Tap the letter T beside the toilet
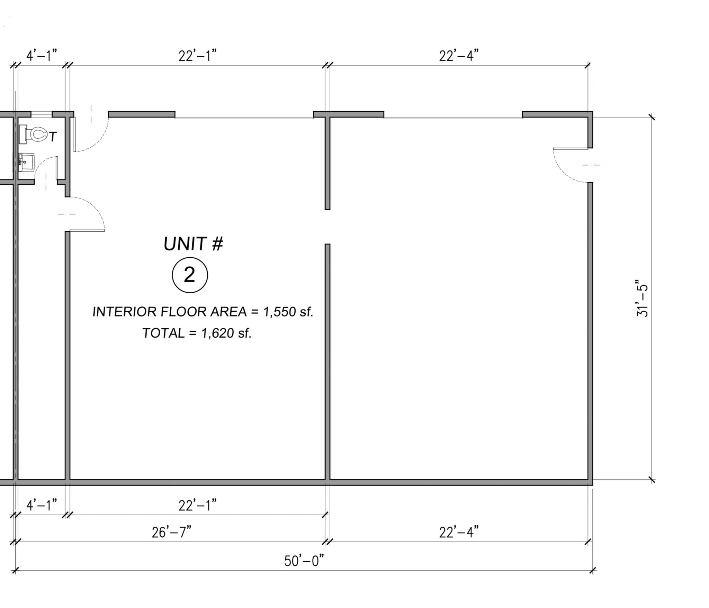click(52, 137)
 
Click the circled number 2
click(190, 275)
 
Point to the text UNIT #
click(193, 244)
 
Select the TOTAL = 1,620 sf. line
click(197, 333)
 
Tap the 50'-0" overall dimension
click(304, 561)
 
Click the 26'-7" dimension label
click(171, 532)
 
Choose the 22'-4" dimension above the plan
click(459, 55)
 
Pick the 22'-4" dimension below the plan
click(459, 532)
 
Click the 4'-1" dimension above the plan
click(42, 55)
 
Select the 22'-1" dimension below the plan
click(197, 506)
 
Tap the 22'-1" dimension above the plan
click(197, 55)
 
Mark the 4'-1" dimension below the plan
click(42, 506)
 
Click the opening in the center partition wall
click(327, 227)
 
